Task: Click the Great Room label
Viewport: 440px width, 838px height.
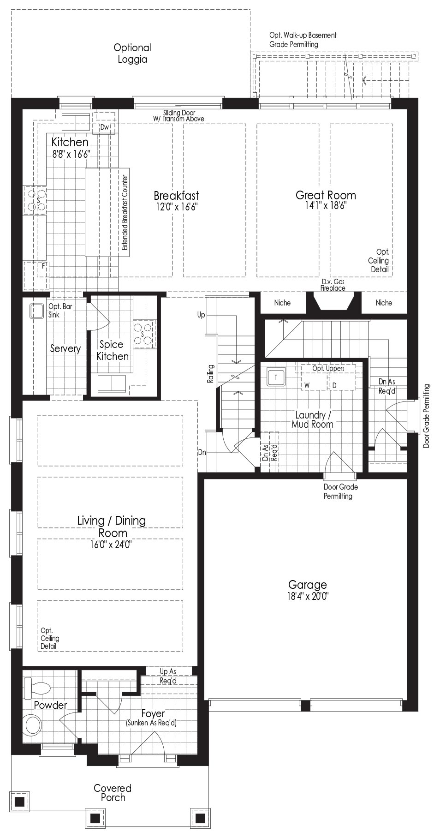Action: (326, 195)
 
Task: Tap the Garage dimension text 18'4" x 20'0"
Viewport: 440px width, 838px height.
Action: (307, 596)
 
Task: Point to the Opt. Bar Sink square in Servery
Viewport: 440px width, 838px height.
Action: (36, 311)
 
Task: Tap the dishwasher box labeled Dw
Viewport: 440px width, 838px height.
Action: (105, 127)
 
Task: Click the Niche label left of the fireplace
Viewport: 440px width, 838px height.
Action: (282, 303)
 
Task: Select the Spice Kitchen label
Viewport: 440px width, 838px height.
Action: (113, 350)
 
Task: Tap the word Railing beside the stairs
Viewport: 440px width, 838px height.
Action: (211, 374)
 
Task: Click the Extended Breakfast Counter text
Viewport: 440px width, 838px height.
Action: (125, 210)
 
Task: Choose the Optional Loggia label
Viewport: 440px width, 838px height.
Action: (132, 53)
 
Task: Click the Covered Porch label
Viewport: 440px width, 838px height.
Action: (113, 792)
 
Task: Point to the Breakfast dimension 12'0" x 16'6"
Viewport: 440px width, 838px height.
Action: (176, 207)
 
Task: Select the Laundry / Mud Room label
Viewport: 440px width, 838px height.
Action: (312, 419)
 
